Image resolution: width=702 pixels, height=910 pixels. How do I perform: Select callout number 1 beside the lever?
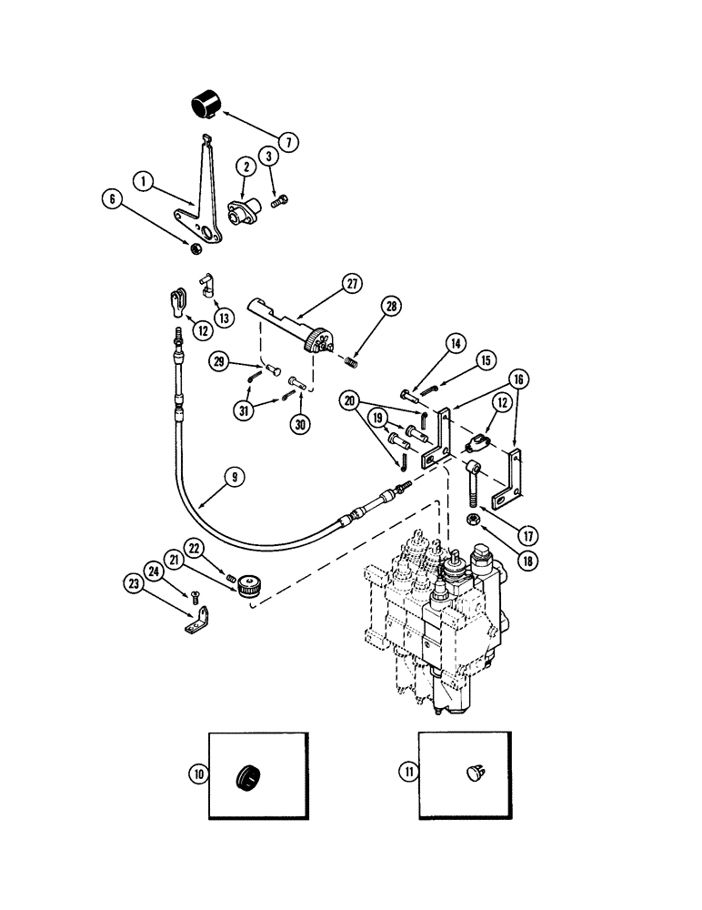142,182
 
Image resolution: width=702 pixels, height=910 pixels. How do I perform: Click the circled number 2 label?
220,166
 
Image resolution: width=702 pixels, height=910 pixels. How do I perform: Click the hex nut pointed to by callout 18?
474,521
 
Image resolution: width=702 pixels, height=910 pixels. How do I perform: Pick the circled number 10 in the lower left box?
198,773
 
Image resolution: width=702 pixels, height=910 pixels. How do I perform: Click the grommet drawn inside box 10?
250,776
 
